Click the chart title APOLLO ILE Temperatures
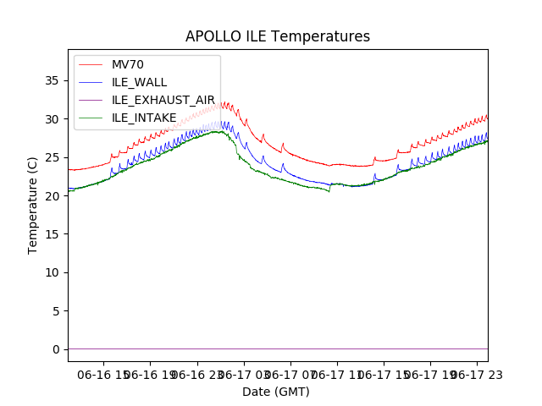tap(278, 37)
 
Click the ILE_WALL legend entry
tap(139, 82)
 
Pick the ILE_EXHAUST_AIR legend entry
tap(163, 100)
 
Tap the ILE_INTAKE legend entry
tap(144, 118)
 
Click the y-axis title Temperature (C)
tap(34, 205)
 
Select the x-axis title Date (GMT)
tap(276, 392)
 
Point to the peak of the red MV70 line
tap(224, 102)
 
